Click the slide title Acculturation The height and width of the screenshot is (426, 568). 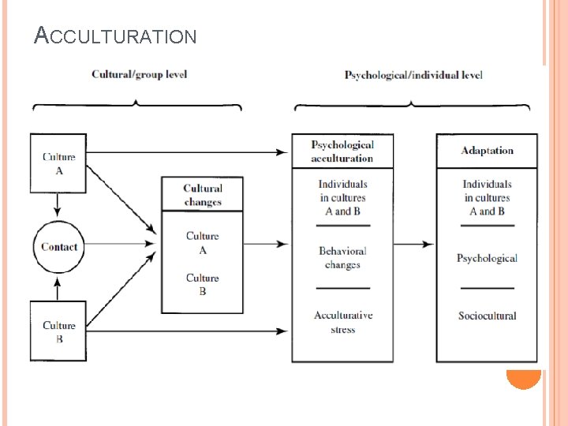[115, 35]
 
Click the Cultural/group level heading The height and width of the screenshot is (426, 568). [139, 75]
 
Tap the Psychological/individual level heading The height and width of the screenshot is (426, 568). [413, 76]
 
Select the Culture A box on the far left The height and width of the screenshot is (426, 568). [58, 163]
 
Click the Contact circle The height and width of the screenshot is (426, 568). [59, 247]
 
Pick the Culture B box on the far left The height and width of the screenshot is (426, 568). [58, 331]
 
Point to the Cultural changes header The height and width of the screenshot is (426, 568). [203, 195]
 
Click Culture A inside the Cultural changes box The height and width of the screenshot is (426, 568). [203, 242]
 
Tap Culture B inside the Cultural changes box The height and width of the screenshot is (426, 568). [203, 284]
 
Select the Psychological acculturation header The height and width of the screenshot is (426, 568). [342, 151]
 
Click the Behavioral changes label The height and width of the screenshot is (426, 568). [342, 258]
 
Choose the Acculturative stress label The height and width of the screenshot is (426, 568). [342, 322]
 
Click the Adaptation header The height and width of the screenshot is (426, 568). [487, 151]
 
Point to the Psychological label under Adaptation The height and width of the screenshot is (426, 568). [487, 258]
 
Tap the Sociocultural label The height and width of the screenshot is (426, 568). [487, 316]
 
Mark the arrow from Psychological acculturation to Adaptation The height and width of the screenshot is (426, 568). [414, 245]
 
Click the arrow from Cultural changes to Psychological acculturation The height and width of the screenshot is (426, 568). [267, 245]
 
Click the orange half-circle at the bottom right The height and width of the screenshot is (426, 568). [523, 379]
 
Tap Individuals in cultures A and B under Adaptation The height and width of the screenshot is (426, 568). [487, 197]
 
